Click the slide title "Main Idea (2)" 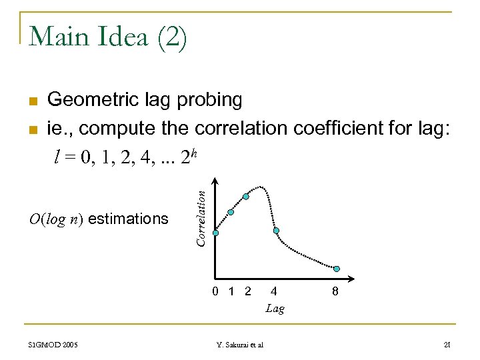(x=108, y=37)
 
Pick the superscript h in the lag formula (x=193, y=153)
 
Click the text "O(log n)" (x=57, y=219)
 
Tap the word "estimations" (x=128, y=219)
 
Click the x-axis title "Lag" (x=275, y=309)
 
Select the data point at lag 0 (x=215, y=233)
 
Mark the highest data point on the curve (x=246, y=196)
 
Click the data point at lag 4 (x=276, y=231)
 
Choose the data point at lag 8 (x=337, y=269)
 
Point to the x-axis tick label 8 (x=335, y=291)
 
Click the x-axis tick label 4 (x=274, y=291)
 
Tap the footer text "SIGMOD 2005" (x=53, y=345)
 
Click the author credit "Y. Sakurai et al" (x=240, y=345)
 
